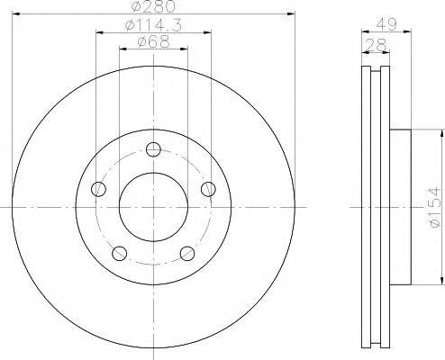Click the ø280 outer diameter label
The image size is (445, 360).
153,8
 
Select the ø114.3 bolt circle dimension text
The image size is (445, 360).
152,26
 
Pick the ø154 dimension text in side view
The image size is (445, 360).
434,206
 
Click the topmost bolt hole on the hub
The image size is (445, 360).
153,149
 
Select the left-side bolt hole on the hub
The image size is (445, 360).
98,189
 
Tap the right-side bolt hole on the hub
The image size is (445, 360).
208,189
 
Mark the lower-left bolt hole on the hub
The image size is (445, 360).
119,253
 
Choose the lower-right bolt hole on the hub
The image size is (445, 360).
187,253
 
